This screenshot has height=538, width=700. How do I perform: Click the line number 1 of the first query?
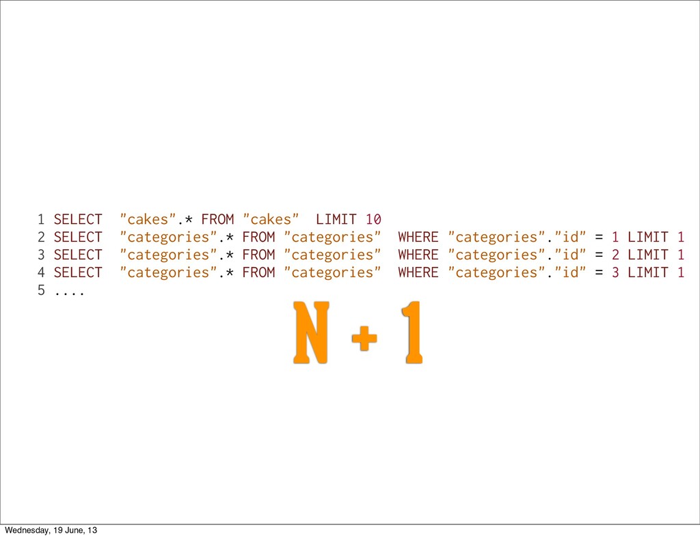41,220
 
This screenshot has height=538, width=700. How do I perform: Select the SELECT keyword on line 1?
78,220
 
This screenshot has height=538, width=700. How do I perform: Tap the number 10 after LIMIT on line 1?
373,220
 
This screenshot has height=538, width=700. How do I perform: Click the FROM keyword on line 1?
217,220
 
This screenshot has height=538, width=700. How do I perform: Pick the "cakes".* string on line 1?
156,220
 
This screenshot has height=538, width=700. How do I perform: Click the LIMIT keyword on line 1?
336,220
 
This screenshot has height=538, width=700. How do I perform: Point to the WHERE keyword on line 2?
418,238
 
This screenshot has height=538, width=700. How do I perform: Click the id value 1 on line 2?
615,238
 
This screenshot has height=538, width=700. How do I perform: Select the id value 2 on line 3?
615,255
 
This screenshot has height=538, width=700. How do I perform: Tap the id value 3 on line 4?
615,273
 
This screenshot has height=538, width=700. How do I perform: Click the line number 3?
41,255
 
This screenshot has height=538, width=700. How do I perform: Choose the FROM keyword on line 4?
258,273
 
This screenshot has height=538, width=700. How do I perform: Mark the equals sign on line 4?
599,273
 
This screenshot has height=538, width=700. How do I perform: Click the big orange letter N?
310,333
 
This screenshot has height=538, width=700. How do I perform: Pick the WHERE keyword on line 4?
418,273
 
